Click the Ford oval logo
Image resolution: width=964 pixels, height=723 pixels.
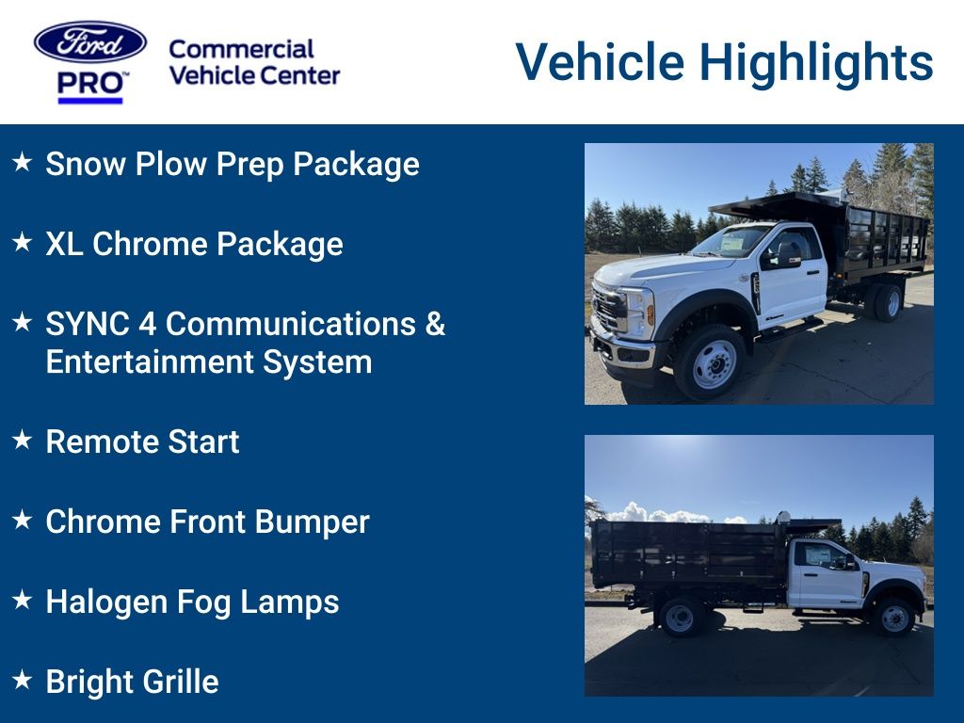tap(90, 42)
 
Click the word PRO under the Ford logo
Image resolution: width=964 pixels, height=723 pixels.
tap(90, 84)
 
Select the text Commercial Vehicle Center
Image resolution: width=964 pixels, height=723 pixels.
tap(254, 62)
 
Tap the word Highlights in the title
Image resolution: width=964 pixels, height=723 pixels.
tap(816, 62)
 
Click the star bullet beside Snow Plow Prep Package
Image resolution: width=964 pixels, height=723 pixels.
tap(23, 163)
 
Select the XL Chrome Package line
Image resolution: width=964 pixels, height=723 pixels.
tap(194, 244)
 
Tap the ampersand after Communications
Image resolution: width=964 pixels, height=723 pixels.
tap(434, 324)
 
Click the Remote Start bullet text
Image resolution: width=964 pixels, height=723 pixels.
tap(142, 442)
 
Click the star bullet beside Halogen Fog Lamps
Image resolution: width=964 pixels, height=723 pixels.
tap(23, 601)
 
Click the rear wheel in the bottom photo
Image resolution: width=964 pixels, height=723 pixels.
tap(680, 618)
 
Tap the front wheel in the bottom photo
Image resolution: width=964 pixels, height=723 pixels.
tap(893, 618)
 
